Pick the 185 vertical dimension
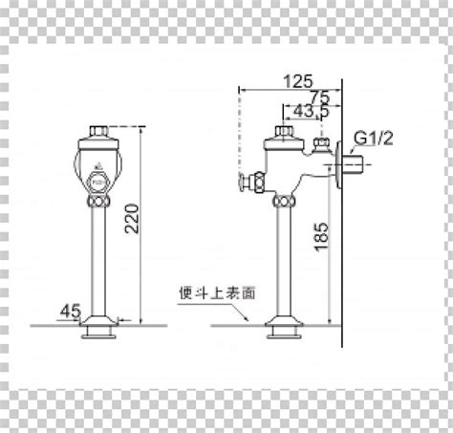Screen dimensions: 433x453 tap(321, 236)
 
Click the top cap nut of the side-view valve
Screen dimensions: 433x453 tap(283, 132)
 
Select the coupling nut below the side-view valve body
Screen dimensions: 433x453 tap(283, 202)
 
